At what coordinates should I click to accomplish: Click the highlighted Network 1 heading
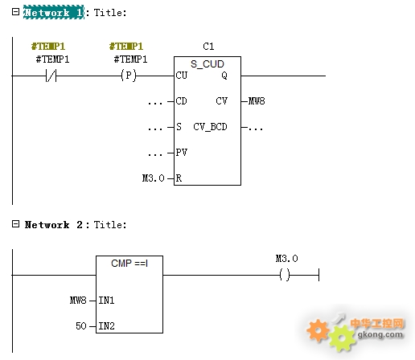pos(54,12)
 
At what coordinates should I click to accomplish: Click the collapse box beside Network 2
pos(16,224)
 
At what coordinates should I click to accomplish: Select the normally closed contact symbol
pos(51,76)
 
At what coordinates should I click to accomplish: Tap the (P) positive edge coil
pos(129,76)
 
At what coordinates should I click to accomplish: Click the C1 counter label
pos(208,47)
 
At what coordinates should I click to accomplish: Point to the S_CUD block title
pos(207,64)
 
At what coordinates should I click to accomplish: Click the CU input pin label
pos(182,76)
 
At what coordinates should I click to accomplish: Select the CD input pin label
pos(182,101)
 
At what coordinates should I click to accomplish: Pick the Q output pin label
pos(224,76)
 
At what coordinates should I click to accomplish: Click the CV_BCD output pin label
pos(210,127)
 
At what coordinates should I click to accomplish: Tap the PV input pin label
pos(182,153)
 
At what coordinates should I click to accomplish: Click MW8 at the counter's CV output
pos(257,101)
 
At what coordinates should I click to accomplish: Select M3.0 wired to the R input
pos(153,178)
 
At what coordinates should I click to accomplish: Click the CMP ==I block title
pos(129,264)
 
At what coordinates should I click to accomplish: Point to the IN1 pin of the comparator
pos(106,301)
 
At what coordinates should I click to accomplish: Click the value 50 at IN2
pos(81,326)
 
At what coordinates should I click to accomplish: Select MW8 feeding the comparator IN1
pos(78,301)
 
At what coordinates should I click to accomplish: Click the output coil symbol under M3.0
pos(285,275)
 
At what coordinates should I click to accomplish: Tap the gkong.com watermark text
pos(380,334)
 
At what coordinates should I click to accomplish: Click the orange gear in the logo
pos(318,330)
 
